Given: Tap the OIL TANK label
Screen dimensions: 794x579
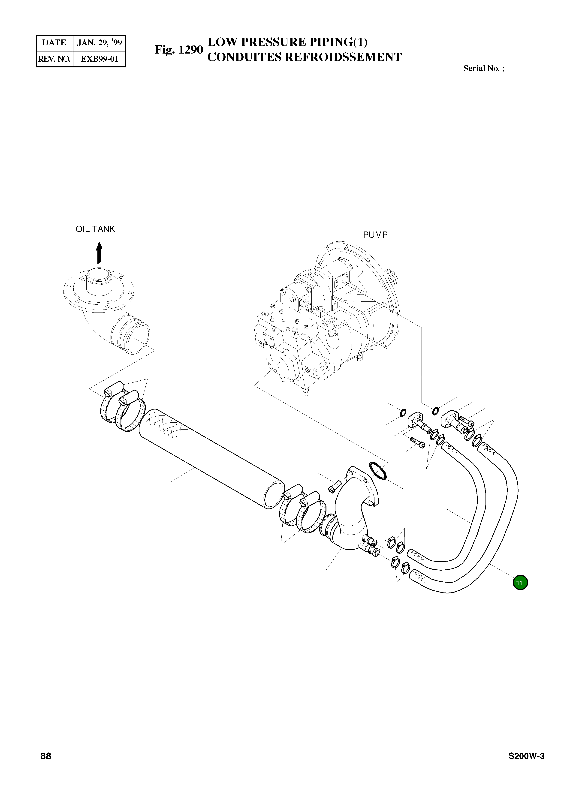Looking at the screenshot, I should [95, 229].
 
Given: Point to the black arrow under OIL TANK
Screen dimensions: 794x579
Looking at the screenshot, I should [100, 253].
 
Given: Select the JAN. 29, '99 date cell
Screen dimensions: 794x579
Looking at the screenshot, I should [99, 43].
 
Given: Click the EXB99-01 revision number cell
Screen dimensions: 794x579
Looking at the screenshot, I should [99, 59].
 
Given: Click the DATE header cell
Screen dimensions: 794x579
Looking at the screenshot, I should [54, 43].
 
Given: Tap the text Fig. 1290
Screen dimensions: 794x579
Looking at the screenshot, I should [179, 50].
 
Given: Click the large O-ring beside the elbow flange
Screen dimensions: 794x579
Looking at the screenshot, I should [378, 471].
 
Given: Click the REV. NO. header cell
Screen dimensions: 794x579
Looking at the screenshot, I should [54, 59].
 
